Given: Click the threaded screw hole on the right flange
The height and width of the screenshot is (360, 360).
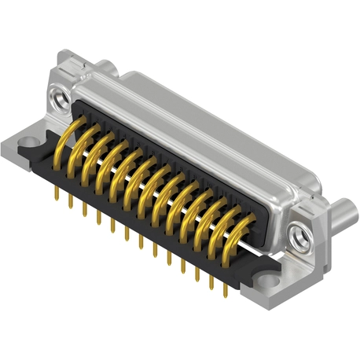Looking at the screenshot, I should click(x=299, y=233).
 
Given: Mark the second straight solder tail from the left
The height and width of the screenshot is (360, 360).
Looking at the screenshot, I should click(x=71, y=201).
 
